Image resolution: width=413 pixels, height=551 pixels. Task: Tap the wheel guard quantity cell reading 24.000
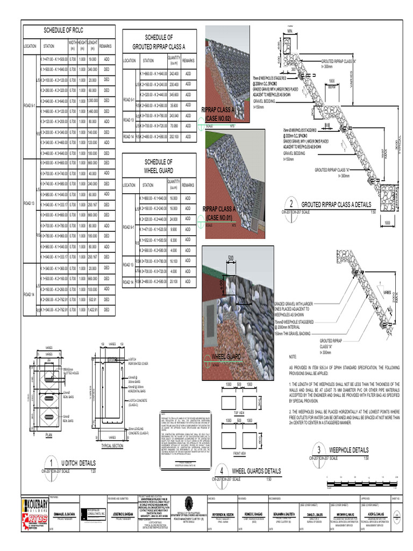pos(174,219)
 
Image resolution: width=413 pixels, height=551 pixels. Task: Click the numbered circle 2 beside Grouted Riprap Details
pos(291,204)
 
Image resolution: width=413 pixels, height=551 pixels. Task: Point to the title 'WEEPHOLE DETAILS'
pos(348,450)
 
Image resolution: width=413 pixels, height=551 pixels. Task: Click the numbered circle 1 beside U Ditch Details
pos(50,464)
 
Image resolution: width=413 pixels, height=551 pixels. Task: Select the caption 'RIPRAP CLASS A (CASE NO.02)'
pos(218,114)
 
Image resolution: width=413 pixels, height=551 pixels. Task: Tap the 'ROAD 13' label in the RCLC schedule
pos(29,203)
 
